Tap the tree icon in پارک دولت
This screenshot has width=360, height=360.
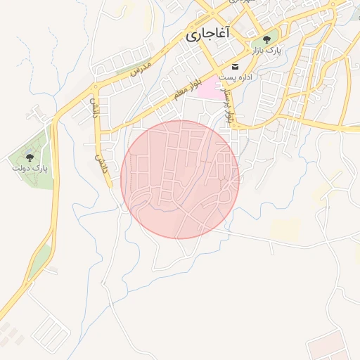30,157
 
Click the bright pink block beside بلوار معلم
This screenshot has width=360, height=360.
208,89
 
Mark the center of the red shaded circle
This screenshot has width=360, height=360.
180,179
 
